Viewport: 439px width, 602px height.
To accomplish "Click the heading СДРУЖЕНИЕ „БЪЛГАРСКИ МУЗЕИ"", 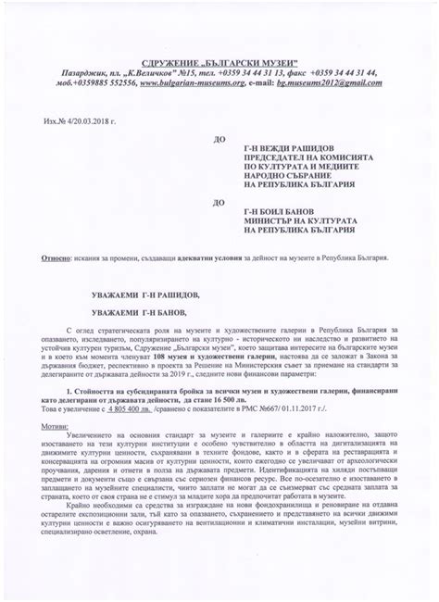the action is coord(219,58).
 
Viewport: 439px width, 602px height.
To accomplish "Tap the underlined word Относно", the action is coord(55,257).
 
